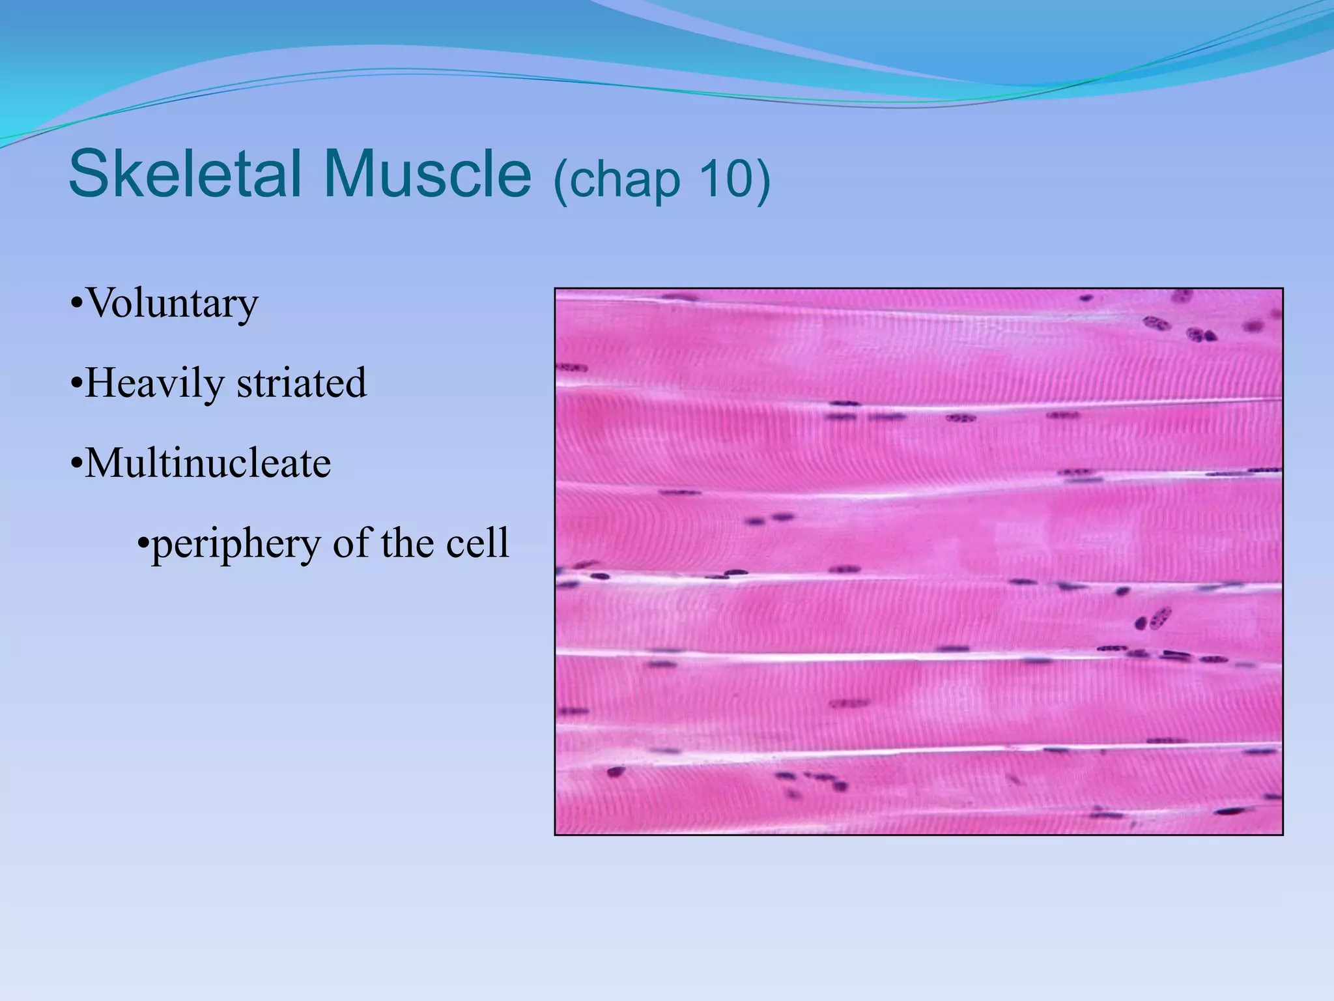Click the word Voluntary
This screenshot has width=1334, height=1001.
172,304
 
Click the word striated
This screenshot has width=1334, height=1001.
302,383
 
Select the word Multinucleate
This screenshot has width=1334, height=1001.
208,463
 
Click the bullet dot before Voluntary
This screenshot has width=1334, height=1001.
77,304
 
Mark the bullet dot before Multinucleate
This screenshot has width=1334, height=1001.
77,465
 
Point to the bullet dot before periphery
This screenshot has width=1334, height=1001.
144,543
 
